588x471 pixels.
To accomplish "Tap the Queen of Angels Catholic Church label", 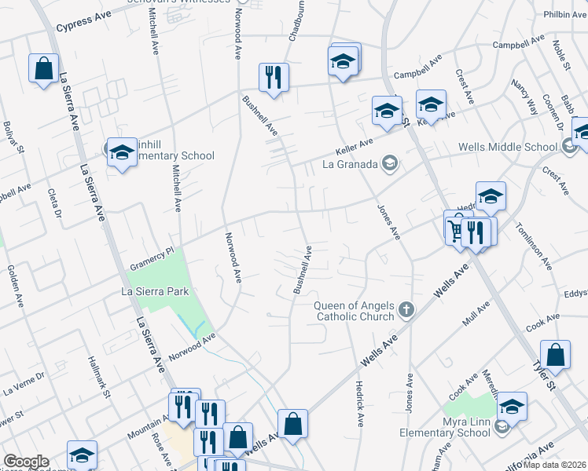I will tap(355, 311).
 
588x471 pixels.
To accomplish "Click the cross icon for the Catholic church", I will tap(406, 309).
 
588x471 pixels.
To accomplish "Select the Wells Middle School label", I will tap(507, 147).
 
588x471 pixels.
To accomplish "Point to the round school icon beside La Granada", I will tap(388, 164).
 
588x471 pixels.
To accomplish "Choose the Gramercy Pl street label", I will tap(152, 259).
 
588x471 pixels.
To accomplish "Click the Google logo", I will tap(25, 462).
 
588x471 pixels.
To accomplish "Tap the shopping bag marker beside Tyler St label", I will tap(555, 354).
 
